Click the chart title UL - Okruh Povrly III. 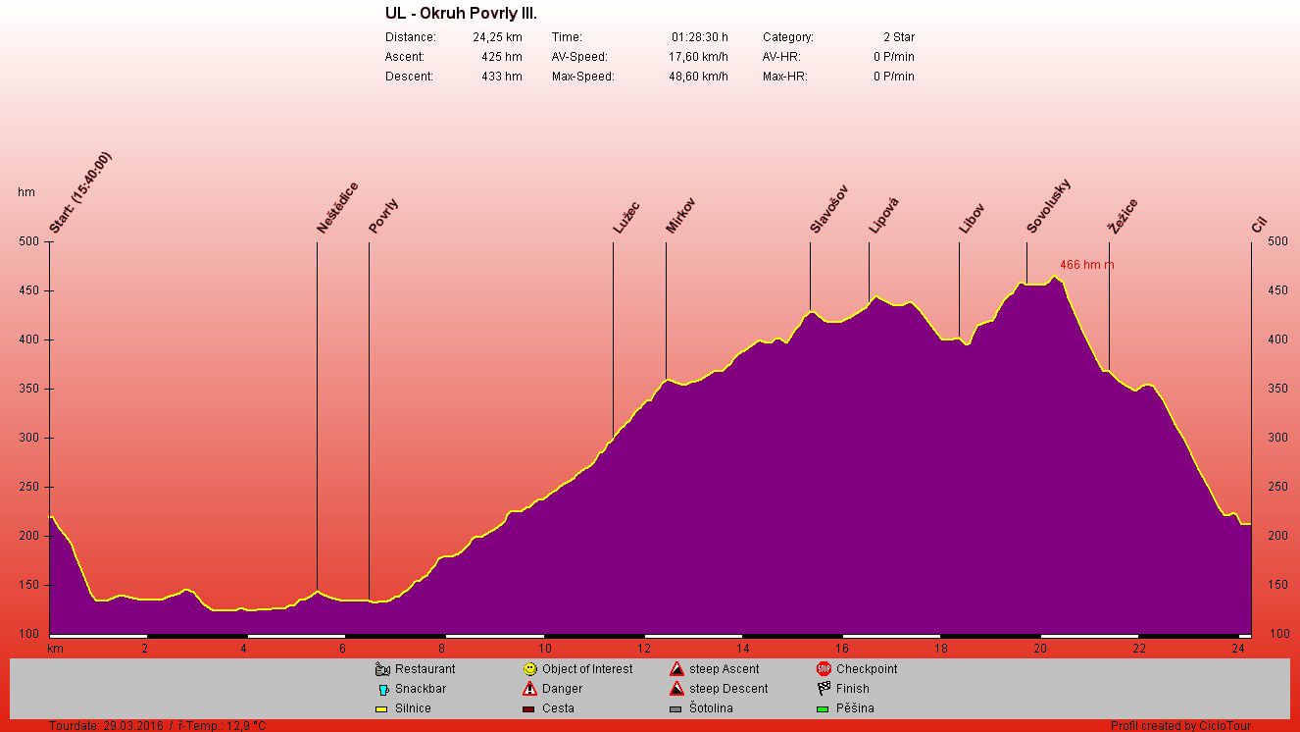pyautogui.click(x=461, y=14)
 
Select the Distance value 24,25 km pyautogui.click(x=497, y=37)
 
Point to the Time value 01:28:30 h pyautogui.click(x=700, y=37)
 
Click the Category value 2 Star pyautogui.click(x=898, y=37)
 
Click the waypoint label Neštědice pyautogui.click(x=337, y=208)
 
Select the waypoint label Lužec pyautogui.click(x=626, y=218)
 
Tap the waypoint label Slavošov pyautogui.click(x=828, y=210)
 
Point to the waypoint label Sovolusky pyautogui.click(x=1048, y=207)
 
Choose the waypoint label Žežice pyautogui.click(x=1124, y=216)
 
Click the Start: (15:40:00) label pyautogui.click(x=80, y=192)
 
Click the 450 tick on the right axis pyautogui.click(x=1277, y=290)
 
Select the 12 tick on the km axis pyautogui.click(x=644, y=649)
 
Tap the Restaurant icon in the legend pyautogui.click(x=383, y=669)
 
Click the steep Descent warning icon pyautogui.click(x=676, y=689)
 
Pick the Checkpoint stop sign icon pyautogui.click(x=824, y=669)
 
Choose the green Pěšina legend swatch pyautogui.click(x=824, y=708)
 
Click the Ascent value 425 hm pyautogui.click(x=501, y=57)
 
